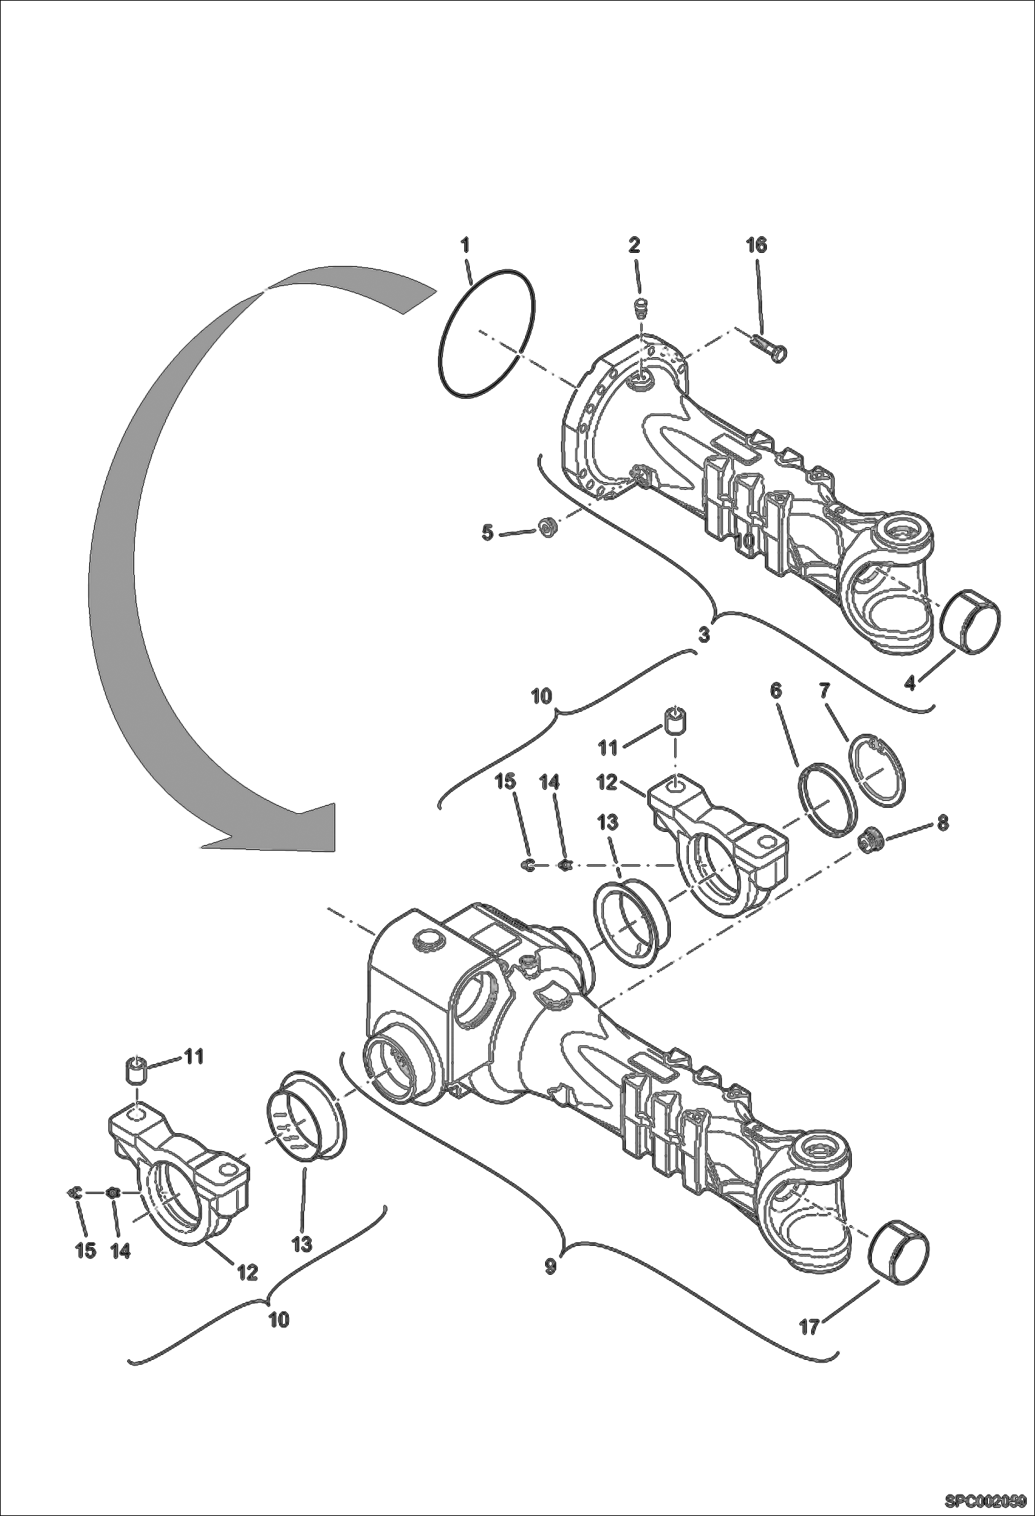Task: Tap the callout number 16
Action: click(x=756, y=245)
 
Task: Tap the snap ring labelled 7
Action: click(x=877, y=769)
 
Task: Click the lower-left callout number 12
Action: click(x=247, y=1272)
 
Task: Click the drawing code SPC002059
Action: click(x=986, y=1500)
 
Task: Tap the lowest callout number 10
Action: click(x=278, y=1319)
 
